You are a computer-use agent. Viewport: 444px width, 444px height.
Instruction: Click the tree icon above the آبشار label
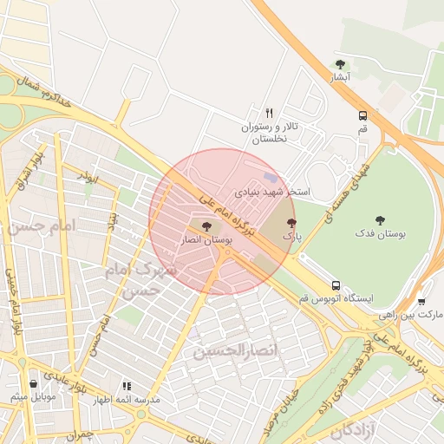(x=341, y=64)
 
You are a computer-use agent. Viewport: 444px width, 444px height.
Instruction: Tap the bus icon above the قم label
(x=362, y=115)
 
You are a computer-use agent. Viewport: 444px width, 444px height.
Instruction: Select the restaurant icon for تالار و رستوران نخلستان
(x=269, y=114)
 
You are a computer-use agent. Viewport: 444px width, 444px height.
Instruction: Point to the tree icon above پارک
(x=291, y=223)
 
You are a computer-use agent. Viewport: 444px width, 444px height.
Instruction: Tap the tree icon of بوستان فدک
(x=380, y=220)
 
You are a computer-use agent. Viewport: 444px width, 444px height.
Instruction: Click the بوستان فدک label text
(x=380, y=234)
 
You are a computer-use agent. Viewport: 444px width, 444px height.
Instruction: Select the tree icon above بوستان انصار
(x=206, y=226)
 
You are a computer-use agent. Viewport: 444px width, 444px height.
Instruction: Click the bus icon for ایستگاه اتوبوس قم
(x=336, y=284)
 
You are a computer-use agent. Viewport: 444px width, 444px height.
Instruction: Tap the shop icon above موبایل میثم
(x=33, y=382)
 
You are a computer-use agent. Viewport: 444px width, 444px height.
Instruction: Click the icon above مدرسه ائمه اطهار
(x=127, y=386)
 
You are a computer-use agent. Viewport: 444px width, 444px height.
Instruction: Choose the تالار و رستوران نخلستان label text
(x=269, y=133)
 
